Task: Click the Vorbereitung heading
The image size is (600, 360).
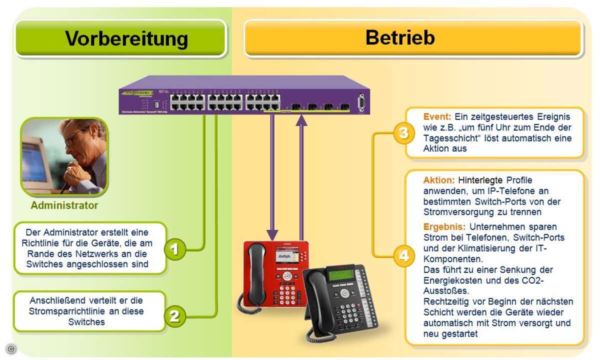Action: click(x=126, y=38)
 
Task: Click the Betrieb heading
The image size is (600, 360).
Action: click(x=400, y=37)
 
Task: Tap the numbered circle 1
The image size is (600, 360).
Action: click(x=175, y=249)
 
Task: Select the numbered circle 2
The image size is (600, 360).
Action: click(x=174, y=315)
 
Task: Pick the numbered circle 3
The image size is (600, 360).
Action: click(x=403, y=134)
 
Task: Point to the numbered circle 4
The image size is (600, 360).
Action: click(x=403, y=257)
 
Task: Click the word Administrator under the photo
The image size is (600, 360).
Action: click(x=64, y=205)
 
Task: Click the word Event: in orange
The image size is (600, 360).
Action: click(x=437, y=116)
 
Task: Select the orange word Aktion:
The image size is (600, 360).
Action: click(x=438, y=180)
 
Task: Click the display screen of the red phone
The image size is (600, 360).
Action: click(x=283, y=252)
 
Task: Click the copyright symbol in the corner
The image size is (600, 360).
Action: click(x=11, y=349)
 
